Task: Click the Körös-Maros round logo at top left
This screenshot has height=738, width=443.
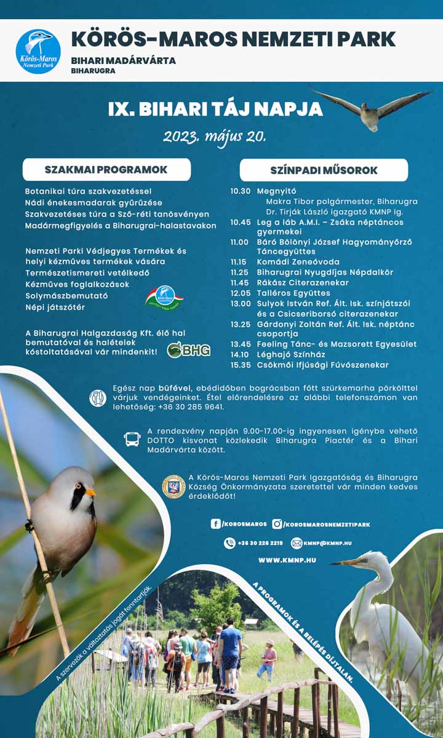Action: coord(38,52)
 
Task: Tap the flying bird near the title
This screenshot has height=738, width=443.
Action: coord(371,110)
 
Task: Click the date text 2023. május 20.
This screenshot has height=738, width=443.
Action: coord(214,136)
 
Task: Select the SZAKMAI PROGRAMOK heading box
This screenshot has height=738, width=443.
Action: coord(106,170)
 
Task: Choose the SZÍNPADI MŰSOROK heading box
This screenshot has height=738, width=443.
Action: coord(324,170)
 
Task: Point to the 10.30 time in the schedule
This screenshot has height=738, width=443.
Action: coord(241,191)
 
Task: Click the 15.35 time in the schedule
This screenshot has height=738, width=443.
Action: coord(241,365)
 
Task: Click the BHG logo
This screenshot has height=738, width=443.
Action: coord(189,350)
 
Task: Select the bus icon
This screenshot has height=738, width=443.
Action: coord(132,439)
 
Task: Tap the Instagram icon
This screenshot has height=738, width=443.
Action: coord(277,524)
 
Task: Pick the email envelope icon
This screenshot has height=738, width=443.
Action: coord(297,543)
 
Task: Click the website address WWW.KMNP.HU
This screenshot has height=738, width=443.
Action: coord(287,560)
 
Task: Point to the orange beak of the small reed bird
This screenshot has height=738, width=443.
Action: coord(90,492)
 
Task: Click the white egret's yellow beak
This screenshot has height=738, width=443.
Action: coord(346,561)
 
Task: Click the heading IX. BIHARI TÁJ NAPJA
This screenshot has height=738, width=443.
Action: coord(215,109)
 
